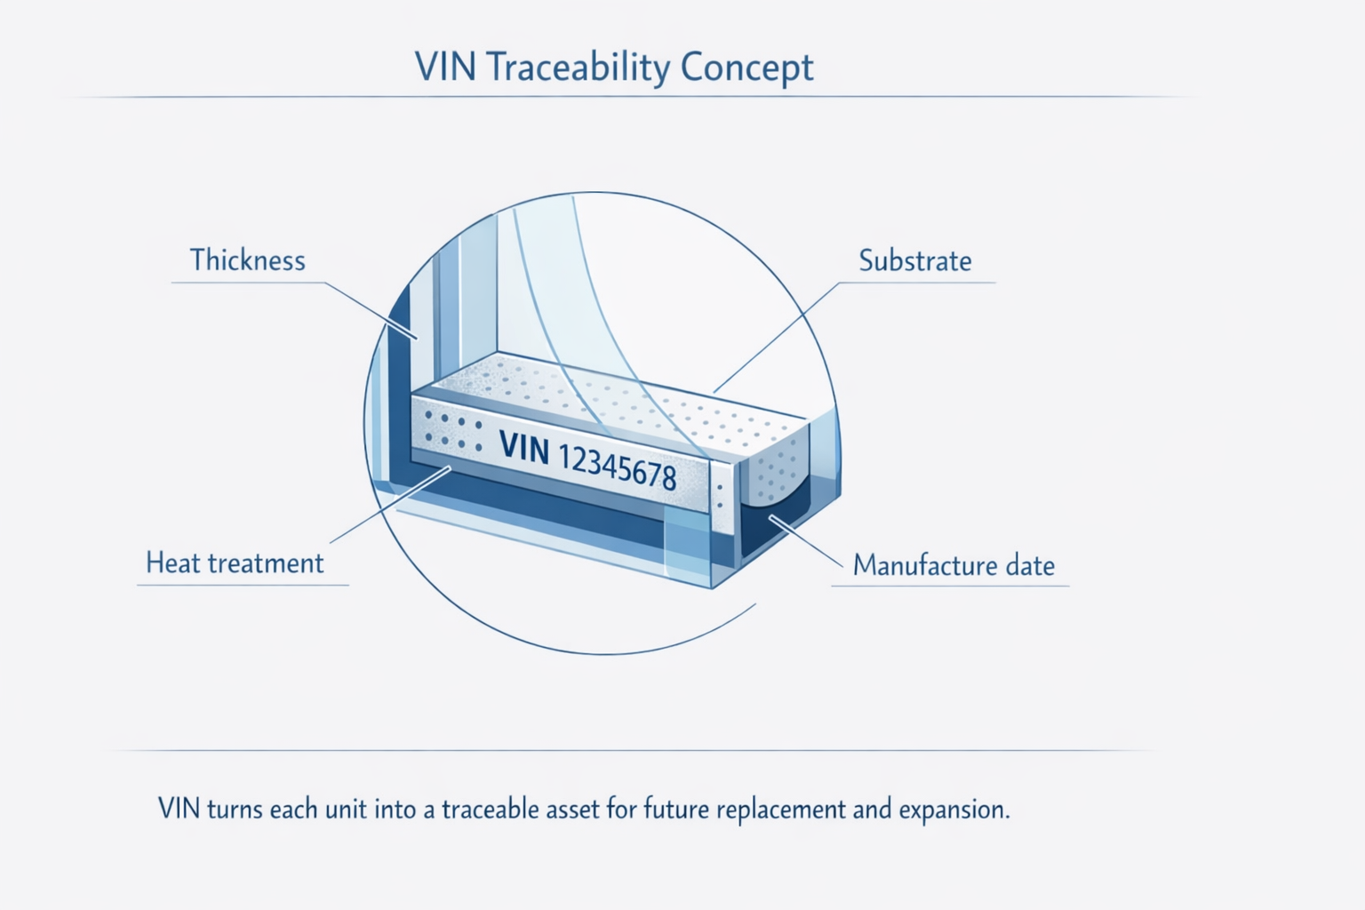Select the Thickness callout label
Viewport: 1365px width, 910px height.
click(247, 260)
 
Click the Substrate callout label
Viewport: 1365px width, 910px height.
click(914, 261)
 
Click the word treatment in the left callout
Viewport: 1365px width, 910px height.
click(266, 563)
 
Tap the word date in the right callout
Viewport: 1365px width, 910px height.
click(1030, 566)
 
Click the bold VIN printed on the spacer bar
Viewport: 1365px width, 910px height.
click(524, 447)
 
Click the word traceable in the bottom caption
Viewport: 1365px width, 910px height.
click(490, 810)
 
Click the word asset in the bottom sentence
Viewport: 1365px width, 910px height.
click(574, 810)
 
